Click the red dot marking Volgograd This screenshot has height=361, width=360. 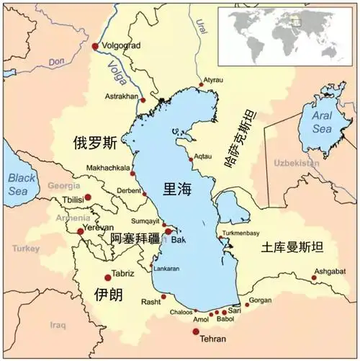click(x=94, y=47)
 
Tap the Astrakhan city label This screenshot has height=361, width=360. click(x=120, y=94)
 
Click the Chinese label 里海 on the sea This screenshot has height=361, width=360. click(x=178, y=189)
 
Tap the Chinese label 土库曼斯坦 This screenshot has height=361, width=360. click(x=293, y=246)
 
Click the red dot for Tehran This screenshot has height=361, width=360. click(x=196, y=331)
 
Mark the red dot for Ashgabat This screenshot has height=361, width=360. click(x=314, y=277)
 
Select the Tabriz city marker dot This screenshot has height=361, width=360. click(x=108, y=277)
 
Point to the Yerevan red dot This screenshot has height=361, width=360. click(x=80, y=231)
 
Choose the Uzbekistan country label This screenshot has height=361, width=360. click(x=295, y=164)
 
